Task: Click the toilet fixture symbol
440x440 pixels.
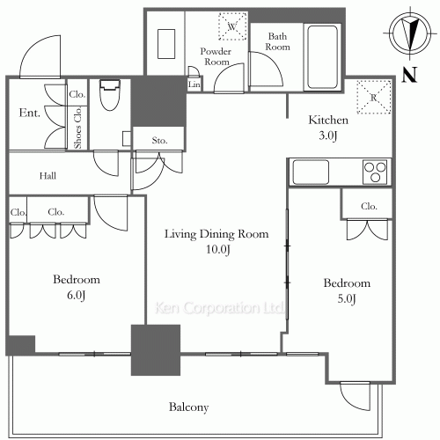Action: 110,94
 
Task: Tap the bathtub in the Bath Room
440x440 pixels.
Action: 322,57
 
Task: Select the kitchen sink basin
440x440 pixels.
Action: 311,172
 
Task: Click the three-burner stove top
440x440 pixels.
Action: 375,172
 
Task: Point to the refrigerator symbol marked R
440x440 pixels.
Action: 374,97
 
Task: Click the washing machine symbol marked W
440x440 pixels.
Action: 232,26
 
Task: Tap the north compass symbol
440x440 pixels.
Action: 410,33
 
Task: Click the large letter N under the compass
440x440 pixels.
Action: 409,75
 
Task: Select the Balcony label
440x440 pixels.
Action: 188,407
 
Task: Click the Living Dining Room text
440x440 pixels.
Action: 216,234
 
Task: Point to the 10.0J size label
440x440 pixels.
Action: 218,250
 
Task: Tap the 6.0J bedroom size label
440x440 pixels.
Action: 77,295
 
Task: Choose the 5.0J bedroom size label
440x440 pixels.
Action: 347,298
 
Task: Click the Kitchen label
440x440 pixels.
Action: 328,120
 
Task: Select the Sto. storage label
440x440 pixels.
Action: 159,141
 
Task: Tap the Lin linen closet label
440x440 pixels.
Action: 194,84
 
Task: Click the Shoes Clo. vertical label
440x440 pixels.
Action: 77,128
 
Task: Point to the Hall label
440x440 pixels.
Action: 48,176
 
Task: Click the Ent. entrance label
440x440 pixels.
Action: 29,113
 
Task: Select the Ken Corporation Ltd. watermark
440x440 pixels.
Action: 219,308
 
